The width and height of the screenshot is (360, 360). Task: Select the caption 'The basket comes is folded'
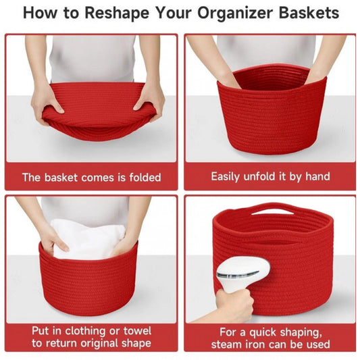point(91,178)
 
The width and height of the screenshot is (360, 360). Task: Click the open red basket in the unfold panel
point(270,111)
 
